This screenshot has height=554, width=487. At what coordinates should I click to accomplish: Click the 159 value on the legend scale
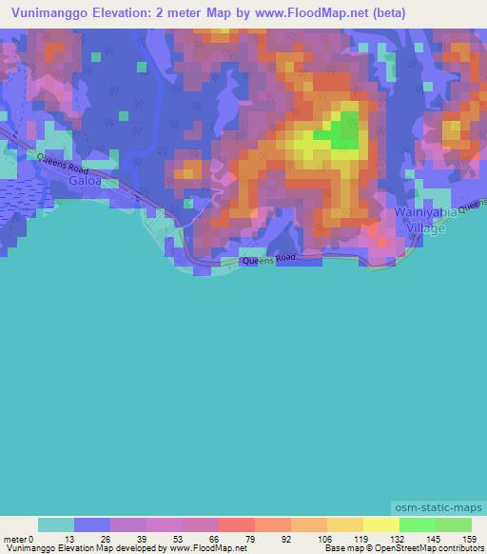(x=470, y=538)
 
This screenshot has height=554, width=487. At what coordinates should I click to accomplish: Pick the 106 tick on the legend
(x=327, y=538)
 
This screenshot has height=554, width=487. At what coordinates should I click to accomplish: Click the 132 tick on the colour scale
(x=399, y=538)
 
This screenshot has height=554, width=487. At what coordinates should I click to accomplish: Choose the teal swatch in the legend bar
(x=56, y=524)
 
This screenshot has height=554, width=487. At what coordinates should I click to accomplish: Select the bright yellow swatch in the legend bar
(x=380, y=524)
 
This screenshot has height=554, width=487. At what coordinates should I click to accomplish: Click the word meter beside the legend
(x=14, y=538)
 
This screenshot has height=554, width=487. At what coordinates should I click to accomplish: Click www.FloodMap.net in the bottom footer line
(x=208, y=548)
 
